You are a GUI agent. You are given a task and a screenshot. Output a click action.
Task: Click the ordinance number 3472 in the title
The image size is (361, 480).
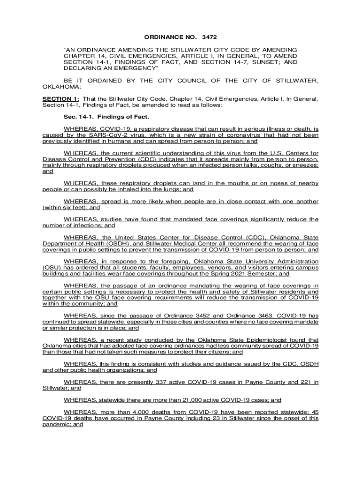click(210, 36)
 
